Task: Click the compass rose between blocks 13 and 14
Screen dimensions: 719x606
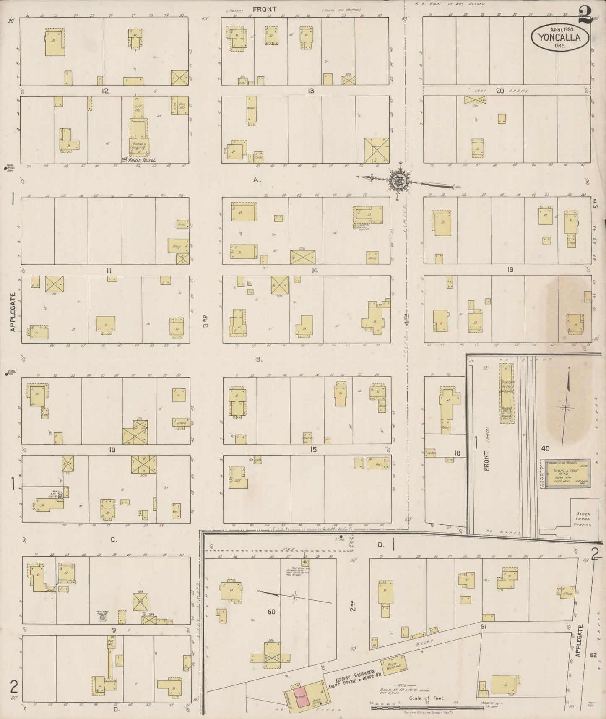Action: click(397, 181)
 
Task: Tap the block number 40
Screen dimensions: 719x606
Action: click(545, 448)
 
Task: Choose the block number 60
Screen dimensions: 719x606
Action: click(271, 612)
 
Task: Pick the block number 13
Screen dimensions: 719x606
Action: click(310, 91)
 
